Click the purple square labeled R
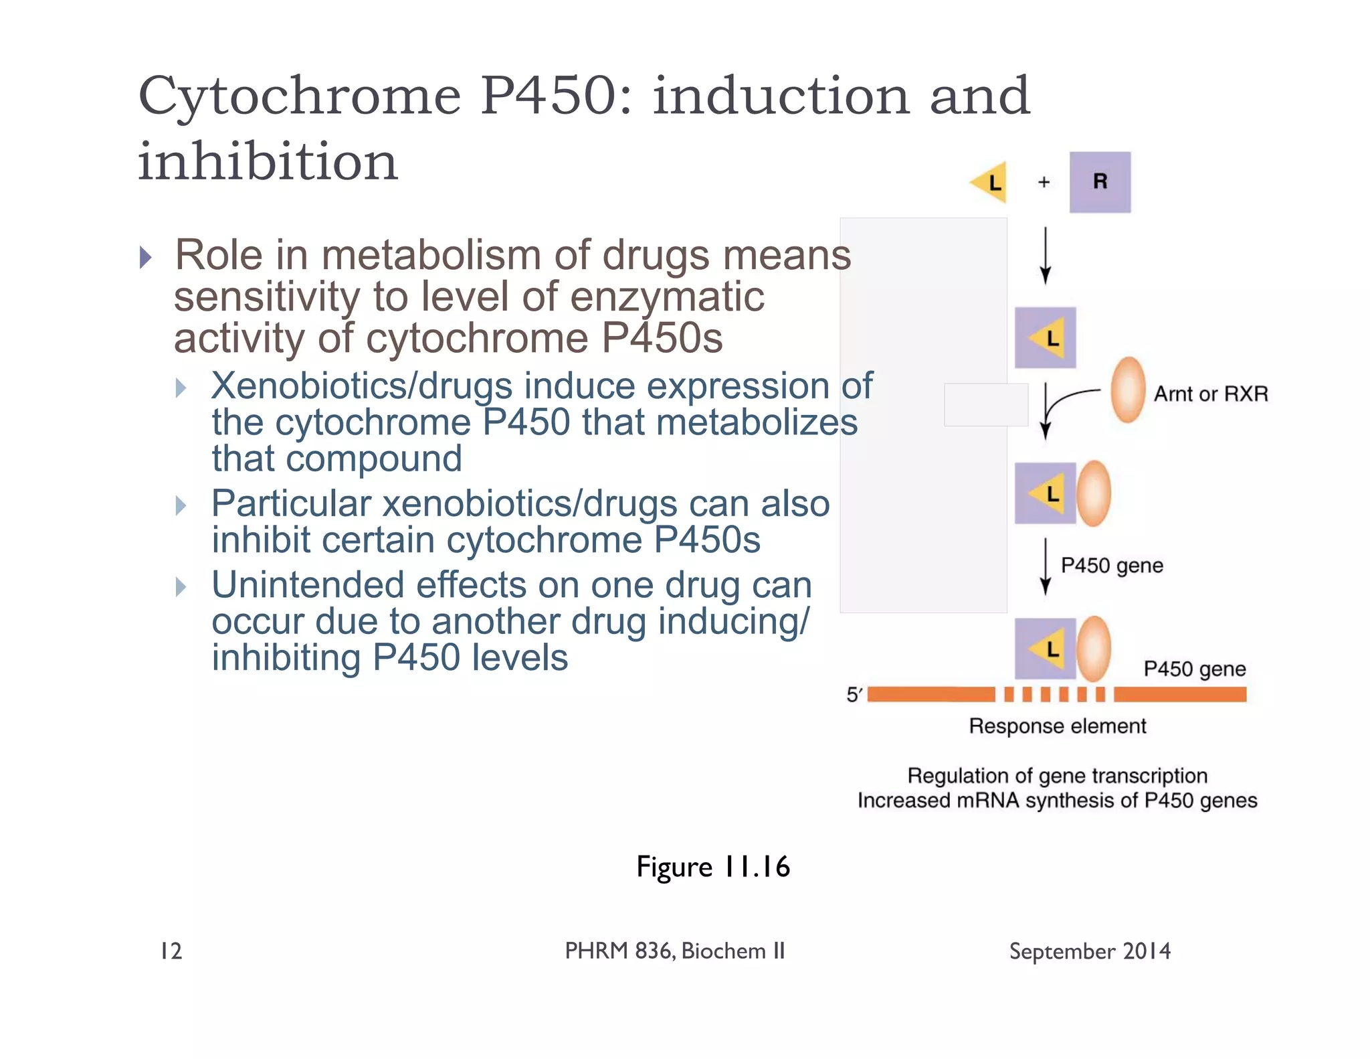point(1099,182)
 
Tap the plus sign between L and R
point(1044,182)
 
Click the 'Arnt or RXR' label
point(1210,394)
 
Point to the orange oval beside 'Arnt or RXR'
point(1128,390)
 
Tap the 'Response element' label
point(1057,726)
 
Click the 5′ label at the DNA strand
point(854,695)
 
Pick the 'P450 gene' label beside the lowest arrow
point(1112,566)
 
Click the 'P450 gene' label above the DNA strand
point(1194,669)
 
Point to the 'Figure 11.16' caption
point(713,867)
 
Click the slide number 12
point(171,951)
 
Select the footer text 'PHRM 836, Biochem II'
point(674,951)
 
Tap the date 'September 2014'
point(1090,951)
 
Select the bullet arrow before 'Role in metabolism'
point(146,257)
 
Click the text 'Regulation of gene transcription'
point(1057,775)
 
